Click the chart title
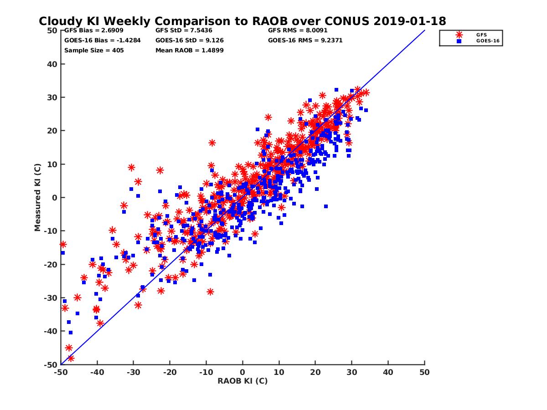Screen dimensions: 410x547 242,21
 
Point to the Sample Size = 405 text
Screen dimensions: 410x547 94,50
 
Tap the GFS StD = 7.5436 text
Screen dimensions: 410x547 183,31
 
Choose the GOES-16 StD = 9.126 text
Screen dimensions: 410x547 189,41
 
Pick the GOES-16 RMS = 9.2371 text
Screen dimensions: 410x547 305,41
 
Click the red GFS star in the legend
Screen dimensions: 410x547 459,35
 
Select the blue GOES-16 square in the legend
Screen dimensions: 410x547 459,41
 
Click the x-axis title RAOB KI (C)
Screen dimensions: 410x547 243,381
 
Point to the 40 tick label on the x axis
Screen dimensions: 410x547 388,372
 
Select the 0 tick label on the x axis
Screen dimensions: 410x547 243,372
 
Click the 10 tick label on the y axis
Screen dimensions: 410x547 53,164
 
